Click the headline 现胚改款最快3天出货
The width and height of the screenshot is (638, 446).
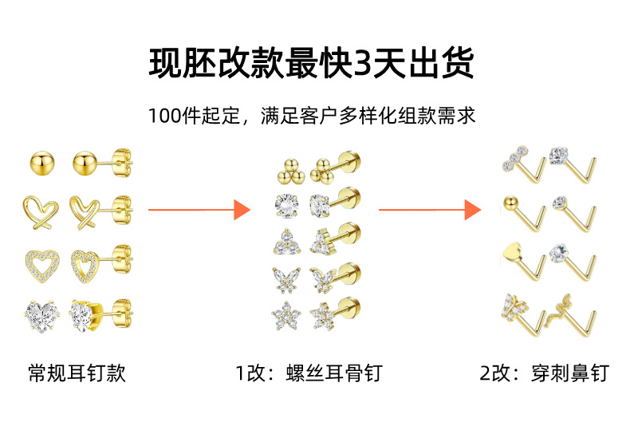(x=311, y=63)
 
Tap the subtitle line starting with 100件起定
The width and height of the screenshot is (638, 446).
(x=312, y=116)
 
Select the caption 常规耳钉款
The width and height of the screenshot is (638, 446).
(x=77, y=373)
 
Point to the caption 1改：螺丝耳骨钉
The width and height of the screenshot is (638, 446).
(x=309, y=373)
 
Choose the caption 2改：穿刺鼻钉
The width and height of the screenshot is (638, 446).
(x=545, y=373)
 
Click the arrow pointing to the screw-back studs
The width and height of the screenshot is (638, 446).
(x=199, y=210)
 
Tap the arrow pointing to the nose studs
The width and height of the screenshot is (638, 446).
(x=430, y=210)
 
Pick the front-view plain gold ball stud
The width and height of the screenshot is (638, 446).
(x=42, y=164)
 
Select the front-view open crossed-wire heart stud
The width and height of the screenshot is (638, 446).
(x=41, y=212)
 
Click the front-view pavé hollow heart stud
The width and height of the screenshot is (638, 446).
(x=42, y=266)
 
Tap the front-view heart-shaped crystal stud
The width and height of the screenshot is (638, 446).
(x=43, y=316)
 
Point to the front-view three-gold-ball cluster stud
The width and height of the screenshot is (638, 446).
(x=291, y=172)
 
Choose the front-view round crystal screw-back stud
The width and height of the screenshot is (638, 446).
(x=287, y=205)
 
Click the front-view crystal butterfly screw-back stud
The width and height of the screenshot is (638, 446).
(x=287, y=279)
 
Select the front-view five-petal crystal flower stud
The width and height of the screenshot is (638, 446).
(x=286, y=315)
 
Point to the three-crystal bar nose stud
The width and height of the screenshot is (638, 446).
(x=525, y=165)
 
